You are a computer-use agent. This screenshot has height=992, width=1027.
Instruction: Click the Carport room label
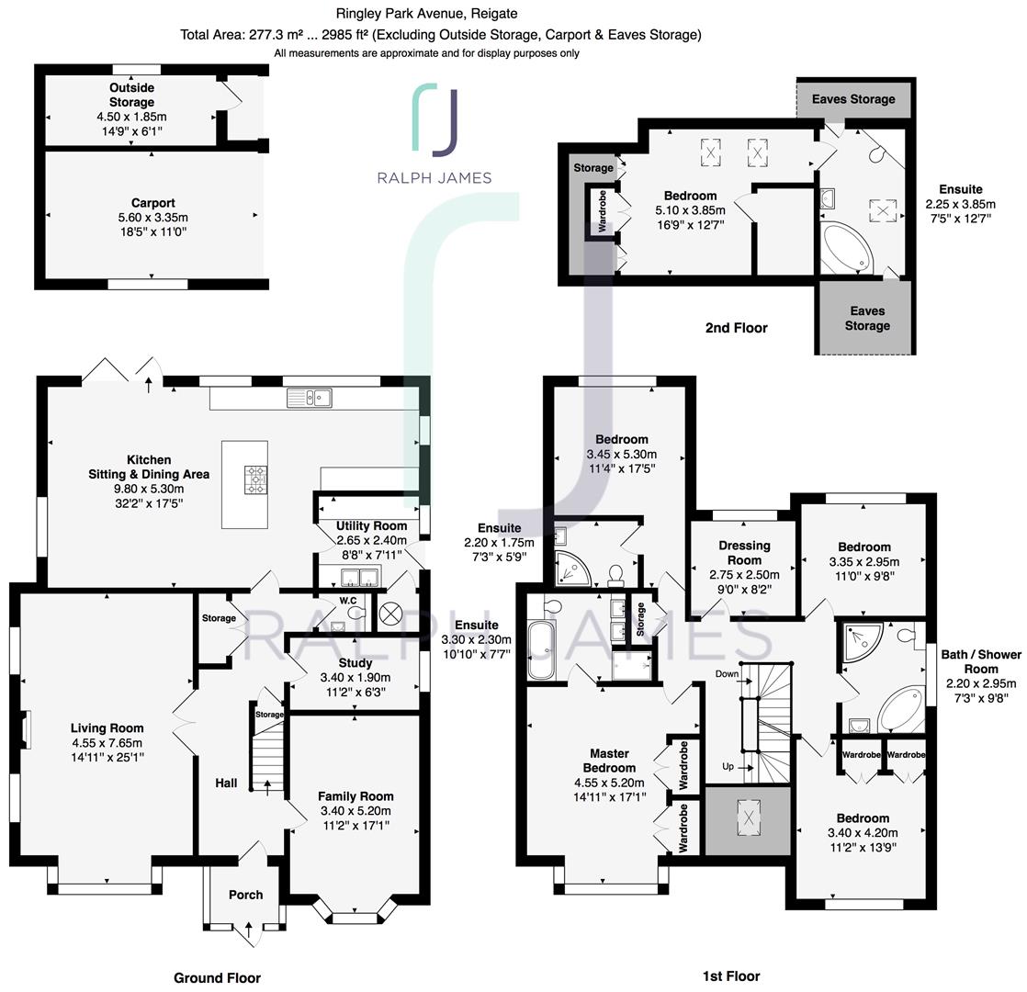[x=152, y=203]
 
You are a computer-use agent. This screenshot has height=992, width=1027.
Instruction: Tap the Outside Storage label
[x=131, y=96]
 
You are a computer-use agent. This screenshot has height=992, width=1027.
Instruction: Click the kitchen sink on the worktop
[x=309, y=398]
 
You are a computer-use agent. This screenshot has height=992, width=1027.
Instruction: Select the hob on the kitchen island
[x=256, y=479]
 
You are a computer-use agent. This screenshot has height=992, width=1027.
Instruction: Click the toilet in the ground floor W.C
[x=355, y=614]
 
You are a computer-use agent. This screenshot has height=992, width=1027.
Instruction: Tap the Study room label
[x=355, y=662]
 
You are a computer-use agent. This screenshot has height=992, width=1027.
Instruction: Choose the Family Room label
[x=355, y=796]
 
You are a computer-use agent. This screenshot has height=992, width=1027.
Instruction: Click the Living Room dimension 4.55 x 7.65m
[x=107, y=743]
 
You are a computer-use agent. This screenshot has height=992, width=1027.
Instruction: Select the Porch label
[x=245, y=895]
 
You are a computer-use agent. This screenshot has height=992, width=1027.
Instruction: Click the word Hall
[x=226, y=783]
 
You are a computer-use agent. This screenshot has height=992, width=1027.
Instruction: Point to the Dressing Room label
[x=744, y=553]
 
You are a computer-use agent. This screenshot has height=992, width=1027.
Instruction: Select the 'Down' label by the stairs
[x=728, y=673]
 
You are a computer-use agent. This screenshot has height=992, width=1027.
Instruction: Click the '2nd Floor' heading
[x=736, y=328]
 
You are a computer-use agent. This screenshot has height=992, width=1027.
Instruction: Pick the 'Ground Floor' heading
[x=217, y=978]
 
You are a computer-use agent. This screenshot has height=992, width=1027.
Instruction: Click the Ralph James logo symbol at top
[x=434, y=118]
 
